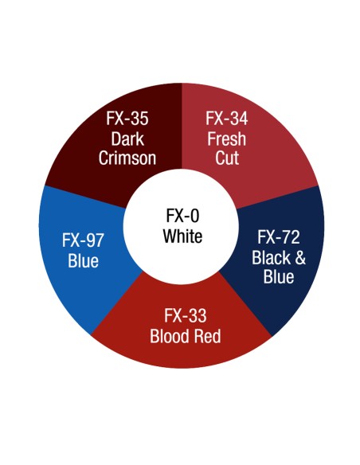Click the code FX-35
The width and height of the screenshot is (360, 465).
coord(127,119)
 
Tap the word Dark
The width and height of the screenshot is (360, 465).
coord(127,139)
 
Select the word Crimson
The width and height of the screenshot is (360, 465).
coord(127,158)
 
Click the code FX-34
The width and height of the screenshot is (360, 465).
coord(226,119)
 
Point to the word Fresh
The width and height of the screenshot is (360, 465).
coord(226,139)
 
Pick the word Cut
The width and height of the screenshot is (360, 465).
coord(227,158)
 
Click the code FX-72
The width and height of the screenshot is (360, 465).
coord(279,237)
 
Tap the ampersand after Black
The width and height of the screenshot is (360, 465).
coord(300,257)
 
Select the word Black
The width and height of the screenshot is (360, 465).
coord(271,257)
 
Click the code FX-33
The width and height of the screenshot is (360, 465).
coord(186,315)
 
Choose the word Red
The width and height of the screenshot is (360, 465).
coord(208,336)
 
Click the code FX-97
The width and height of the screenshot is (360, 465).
coord(83,240)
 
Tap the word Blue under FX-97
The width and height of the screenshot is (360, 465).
coord(83,261)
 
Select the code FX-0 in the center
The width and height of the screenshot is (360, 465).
coord(182,215)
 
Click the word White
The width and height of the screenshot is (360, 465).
coord(182,236)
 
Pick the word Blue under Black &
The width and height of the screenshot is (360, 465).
coord(279,276)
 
